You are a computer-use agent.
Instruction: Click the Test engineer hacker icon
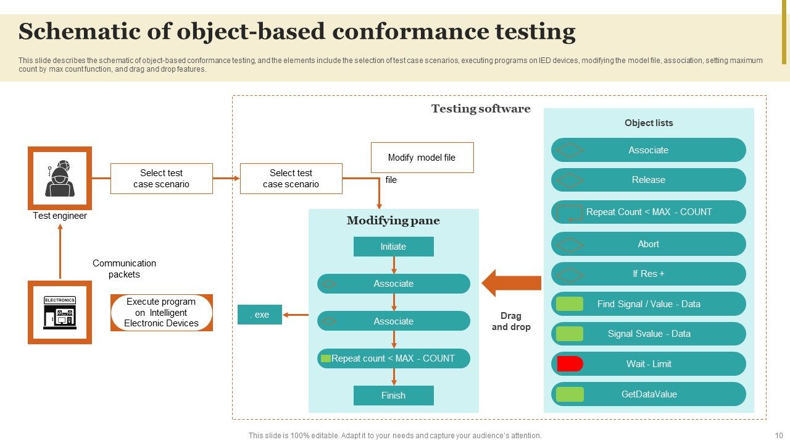[60, 178]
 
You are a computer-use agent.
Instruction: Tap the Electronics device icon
[60, 312]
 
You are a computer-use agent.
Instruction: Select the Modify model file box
[422, 158]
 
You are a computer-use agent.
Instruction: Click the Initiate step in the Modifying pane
[393, 247]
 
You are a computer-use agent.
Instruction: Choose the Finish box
[393, 396]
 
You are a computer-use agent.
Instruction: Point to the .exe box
[260, 315]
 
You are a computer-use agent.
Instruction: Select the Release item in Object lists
[648, 180]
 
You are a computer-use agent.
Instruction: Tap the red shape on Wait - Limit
[570, 364]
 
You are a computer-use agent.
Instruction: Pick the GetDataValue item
[648, 394]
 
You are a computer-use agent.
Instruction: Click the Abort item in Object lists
[648, 244]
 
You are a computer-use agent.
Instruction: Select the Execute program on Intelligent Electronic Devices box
[161, 313]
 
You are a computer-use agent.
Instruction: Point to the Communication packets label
[124, 269]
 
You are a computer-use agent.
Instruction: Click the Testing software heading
[480, 109]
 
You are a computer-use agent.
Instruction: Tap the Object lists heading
[648, 123]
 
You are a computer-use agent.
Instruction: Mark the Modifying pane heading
[393, 221]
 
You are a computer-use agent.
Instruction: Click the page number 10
[778, 436]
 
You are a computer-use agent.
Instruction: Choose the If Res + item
[648, 274]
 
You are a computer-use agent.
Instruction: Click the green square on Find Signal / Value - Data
[569, 304]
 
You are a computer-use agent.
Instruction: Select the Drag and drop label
[511, 321]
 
